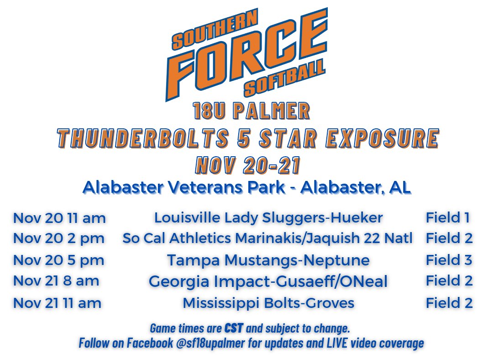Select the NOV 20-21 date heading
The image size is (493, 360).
pyautogui.click(x=248, y=165)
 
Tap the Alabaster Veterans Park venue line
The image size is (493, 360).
pyautogui.click(x=247, y=187)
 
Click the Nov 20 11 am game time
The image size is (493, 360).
pyautogui.click(x=59, y=218)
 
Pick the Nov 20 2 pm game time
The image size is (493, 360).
pyautogui.click(x=58, y=238)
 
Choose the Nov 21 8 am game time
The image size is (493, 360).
pyautogui.click(x=56, y=281)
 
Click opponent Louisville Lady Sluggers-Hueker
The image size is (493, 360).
pyautogui.click(x=268, y=218)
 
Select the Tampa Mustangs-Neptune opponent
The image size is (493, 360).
pyautogui.click(x=268, y=260)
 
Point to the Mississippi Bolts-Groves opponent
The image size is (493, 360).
pyautogui.click(x=268, y=303)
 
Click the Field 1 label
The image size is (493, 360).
pyautogui.click(x=448, y=217)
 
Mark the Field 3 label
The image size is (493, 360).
pyautogui.click(x=449, y=260)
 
